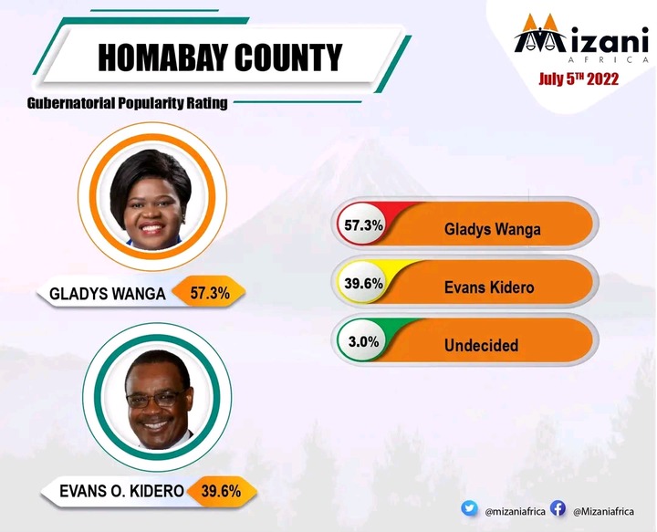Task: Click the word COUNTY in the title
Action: click(288, 57)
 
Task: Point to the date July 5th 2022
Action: click(579, 78)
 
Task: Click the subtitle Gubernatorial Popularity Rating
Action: click(128, 103)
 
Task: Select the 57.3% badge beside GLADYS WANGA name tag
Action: click(210, 293)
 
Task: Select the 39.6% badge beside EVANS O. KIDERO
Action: click(221, 491)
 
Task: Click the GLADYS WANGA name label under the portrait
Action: click(108, 294)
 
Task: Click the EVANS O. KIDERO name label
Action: click(121, 491)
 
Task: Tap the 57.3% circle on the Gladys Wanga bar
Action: click(363, 225)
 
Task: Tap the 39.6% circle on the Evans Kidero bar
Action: click(363, 283)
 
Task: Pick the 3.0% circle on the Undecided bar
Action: click(363, 341)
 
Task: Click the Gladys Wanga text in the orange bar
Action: click(493, 230)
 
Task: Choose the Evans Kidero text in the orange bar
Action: click(489, 287)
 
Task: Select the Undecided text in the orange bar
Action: click(482, 345)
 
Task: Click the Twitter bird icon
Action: click(469, 508)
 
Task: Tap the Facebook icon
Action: click(558, 508)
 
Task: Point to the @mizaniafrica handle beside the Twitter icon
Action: click(515, 512)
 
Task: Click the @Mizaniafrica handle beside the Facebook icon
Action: click(603, 512)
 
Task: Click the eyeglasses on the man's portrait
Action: click(155, 399)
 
